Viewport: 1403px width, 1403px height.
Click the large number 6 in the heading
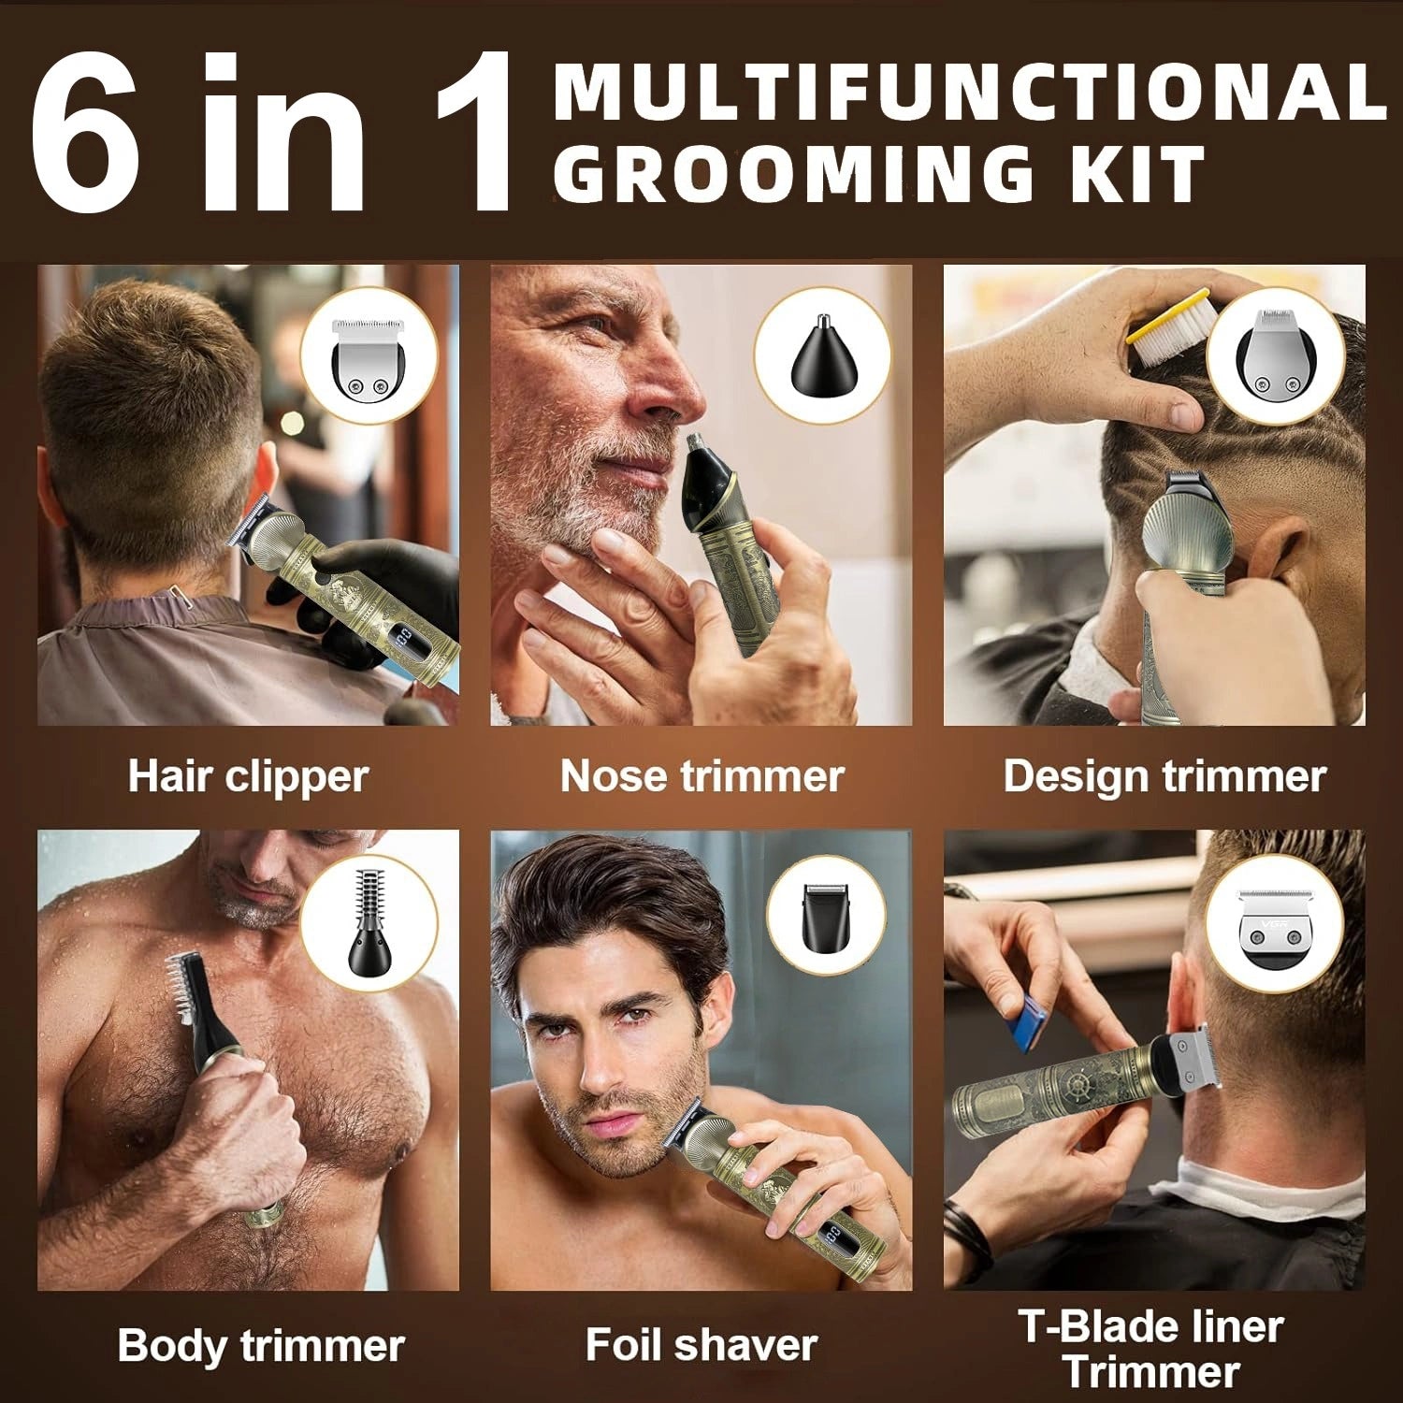point(86,136)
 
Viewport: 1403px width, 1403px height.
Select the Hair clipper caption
point(248,777)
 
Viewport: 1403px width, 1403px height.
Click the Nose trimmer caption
point(701,777)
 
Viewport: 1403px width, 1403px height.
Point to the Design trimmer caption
point(1164,777)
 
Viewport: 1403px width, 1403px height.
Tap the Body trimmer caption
point(261,1346)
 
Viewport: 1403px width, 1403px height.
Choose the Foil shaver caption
point(701,1346)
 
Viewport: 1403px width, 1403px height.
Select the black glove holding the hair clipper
point(309,599)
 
